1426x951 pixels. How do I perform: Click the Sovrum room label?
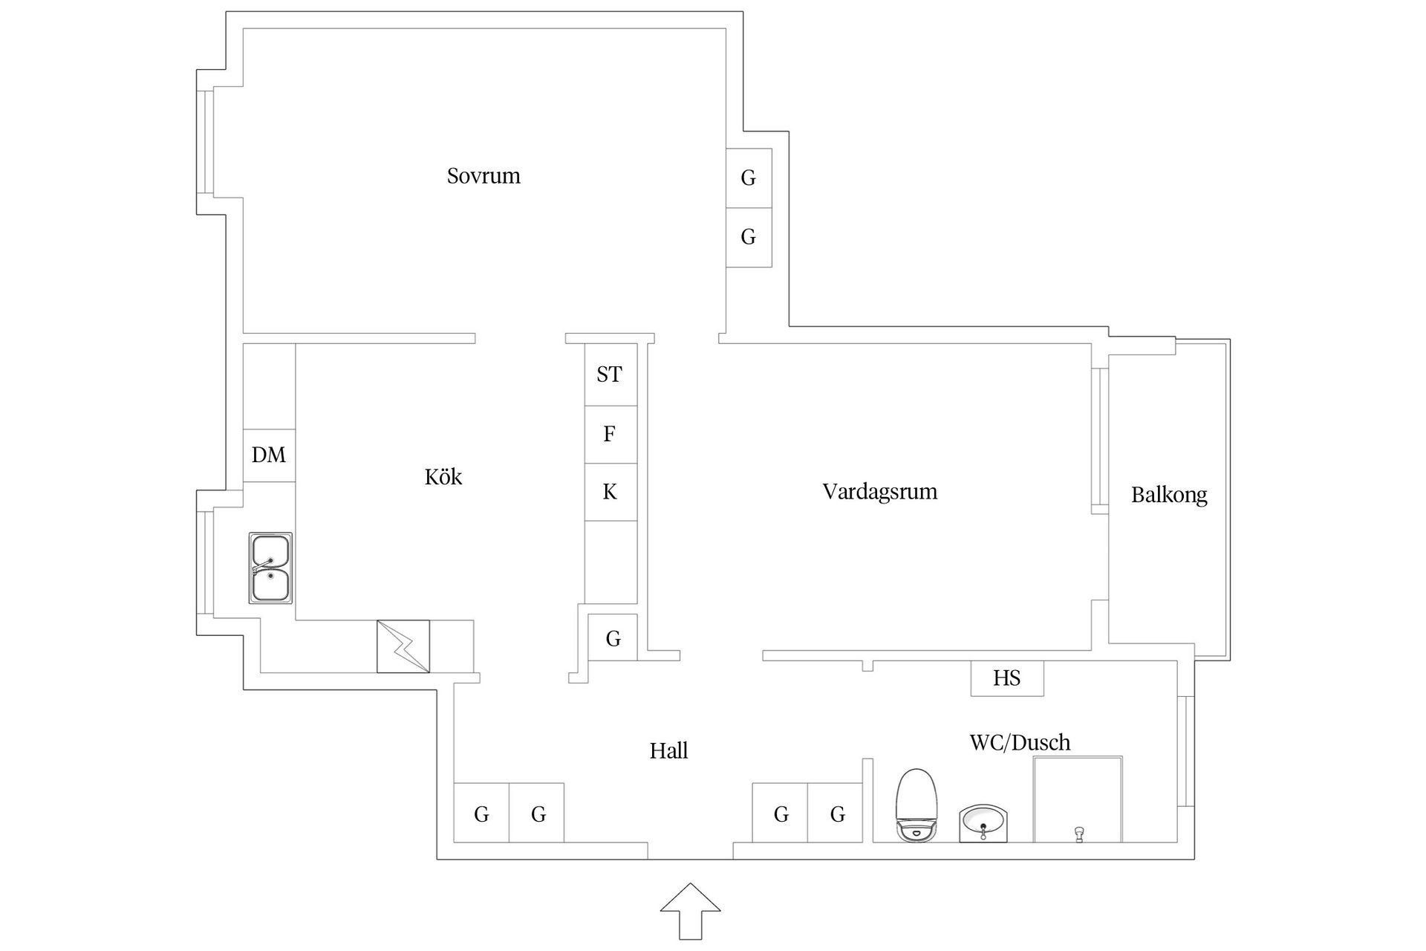(484, 176)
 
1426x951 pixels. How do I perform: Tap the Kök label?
(443, 477)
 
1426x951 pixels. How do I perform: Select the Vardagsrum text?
(879, 492)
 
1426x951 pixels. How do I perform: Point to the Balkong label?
(1169, 495)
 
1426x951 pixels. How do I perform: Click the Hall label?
(668, 751)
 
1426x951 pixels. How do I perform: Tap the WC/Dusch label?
(1020, 742)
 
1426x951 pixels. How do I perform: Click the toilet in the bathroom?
(917, 805)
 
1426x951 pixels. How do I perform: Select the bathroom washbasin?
(983, 823)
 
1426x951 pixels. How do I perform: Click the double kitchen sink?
(270, 568)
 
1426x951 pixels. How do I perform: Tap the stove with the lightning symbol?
(403, 646)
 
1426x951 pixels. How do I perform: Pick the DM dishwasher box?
(269, 455)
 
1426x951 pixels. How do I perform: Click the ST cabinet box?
(610, 374)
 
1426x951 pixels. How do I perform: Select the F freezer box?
(610, 435)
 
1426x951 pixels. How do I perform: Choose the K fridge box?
(610, 492)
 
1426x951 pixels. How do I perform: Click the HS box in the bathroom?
(1006, 678)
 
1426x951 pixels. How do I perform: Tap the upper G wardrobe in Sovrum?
(749, 178)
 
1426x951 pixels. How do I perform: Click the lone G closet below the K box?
(613, 638)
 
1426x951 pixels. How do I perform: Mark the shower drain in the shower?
(1078, 834)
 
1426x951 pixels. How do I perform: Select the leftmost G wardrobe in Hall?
(481, 814)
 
